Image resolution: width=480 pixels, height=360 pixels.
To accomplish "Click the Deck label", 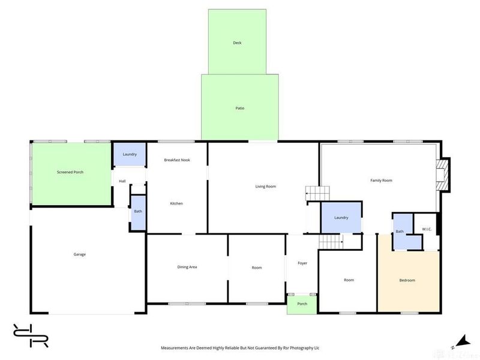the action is point(237,43).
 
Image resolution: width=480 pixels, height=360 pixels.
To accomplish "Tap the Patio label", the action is point(240,108).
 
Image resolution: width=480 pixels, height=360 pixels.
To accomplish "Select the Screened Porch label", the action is point(70,172).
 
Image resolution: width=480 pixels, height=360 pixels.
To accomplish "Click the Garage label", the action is point(80,254).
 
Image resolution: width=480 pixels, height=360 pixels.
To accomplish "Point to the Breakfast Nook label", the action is point(177,160).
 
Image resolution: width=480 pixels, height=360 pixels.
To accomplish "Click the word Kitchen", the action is point(176,203).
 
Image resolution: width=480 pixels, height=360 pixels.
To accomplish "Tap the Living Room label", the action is point(266,186).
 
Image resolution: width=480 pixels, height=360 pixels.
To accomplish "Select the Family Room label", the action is point(381,181).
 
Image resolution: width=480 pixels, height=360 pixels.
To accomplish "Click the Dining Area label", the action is point(187,267).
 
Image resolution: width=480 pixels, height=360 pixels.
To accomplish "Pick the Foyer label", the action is point(302,263).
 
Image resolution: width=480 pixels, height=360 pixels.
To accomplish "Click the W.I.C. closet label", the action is point(427,229).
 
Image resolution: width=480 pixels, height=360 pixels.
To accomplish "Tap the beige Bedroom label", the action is point(407,280).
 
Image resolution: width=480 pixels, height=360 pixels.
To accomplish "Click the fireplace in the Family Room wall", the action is point(443,175).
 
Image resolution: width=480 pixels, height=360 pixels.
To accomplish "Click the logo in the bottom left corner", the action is point(31,335).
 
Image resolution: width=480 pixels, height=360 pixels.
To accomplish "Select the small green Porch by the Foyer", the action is point(302,304).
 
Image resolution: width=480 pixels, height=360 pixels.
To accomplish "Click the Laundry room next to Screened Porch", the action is point(130,154).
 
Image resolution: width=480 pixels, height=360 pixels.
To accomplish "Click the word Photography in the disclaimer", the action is point(302,348).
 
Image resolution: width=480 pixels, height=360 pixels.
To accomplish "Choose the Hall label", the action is point(122,181).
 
